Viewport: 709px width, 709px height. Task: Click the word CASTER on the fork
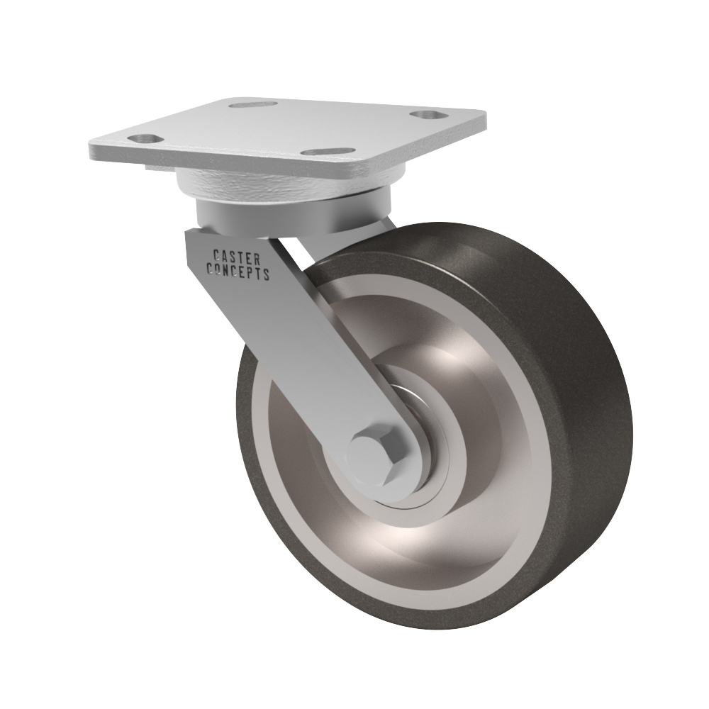[x=236, y=257]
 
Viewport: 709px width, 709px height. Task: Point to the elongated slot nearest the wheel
[x=328, y=152]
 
